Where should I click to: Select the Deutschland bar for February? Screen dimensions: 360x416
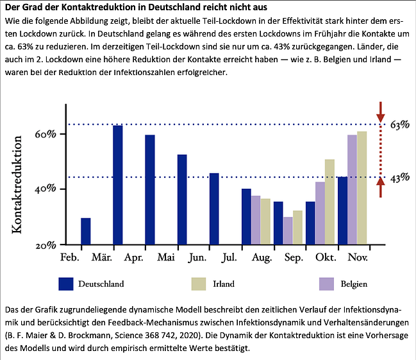86,231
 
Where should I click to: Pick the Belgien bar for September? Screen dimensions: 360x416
288,230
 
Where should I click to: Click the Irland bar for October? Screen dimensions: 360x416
329,201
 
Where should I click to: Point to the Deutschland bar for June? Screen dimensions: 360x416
182,200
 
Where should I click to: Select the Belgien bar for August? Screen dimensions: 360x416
256,219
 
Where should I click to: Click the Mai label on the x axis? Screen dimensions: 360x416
166,258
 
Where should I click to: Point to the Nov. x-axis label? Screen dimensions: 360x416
358,258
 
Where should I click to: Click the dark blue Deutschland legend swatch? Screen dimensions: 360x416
65,283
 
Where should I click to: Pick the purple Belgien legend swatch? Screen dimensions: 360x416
327,283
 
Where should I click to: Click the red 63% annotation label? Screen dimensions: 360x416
400,124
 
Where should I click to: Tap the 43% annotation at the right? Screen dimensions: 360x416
400,178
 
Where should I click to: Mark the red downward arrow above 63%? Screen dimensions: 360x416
380,110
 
